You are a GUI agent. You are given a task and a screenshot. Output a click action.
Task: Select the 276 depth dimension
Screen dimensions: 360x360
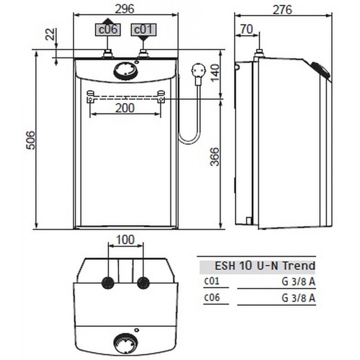(283, 9)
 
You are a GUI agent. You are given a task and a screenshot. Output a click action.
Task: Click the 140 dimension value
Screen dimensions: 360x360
(215, 71)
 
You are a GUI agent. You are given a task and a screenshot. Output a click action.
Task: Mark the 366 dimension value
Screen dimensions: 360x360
(215, 157)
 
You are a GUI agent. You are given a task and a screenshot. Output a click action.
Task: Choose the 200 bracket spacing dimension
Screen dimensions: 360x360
(125, 108)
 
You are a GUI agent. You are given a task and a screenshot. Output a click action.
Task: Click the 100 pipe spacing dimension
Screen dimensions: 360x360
(125, 240)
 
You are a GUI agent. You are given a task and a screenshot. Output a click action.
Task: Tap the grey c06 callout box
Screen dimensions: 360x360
(108, 30)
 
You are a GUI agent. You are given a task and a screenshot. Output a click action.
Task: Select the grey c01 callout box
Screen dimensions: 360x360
(143, 30)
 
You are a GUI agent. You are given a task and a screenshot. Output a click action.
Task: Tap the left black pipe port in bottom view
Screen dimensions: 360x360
(108, 283)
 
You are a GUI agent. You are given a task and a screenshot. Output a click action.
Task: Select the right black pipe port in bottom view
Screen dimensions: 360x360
(143, 283)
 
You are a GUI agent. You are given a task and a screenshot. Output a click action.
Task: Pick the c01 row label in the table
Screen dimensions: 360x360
(211, 282)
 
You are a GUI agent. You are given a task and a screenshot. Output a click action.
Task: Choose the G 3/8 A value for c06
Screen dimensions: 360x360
(298, 297)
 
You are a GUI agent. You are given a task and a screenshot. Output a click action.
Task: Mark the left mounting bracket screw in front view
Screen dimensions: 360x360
(90, 96)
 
